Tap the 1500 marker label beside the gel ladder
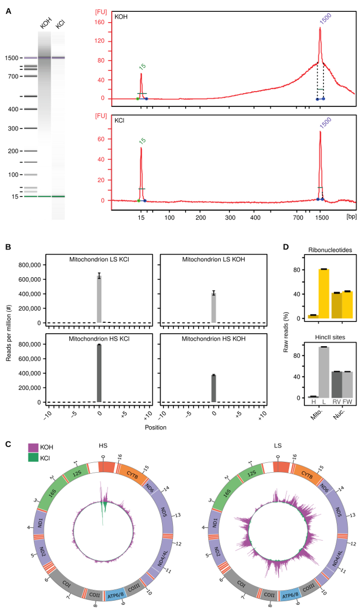12,58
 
